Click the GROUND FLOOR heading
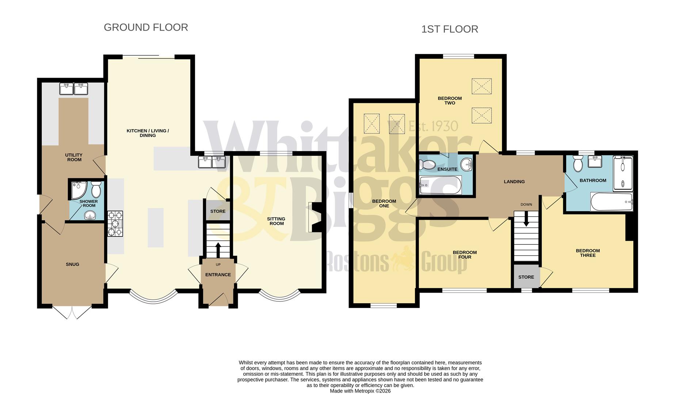(146, 27)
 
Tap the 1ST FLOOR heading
(449, 29)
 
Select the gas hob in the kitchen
(115, 224)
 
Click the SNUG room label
(72, 264)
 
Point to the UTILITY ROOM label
(74, 157)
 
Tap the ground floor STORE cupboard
(218, 211)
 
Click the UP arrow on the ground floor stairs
(218, 250)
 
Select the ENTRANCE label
(218, 275)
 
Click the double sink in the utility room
(74, 89)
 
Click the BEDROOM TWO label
(450, 100)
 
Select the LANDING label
(514, 181)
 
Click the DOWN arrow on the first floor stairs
(526, 220)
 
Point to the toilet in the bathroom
(578, 163)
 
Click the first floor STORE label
(526, 277)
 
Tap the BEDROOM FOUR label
(465, 255)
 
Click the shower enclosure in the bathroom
(623, 173)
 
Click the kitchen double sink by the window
(212, 162)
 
